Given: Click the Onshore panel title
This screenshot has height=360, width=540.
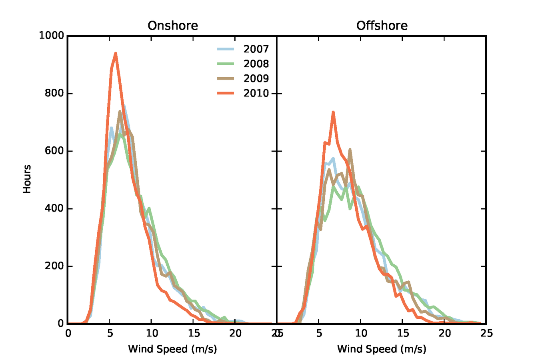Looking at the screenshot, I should click(x=172, y=26).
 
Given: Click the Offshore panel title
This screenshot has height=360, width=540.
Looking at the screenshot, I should click(x=382, y=26).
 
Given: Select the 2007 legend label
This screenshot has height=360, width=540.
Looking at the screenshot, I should click(x=256, y=49).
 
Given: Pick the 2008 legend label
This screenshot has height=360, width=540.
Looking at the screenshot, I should click(x=256, y=64).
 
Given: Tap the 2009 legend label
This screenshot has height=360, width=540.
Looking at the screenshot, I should click(x=256, y=78).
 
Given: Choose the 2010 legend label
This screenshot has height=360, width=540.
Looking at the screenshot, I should click(x=256, y=93).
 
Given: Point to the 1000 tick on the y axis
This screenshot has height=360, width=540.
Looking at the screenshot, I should click(x=52, y=36).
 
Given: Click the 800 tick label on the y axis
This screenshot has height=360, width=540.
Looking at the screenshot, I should click(x=54, y=93).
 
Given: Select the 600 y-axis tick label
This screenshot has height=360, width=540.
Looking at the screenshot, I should click(x=54, y=151).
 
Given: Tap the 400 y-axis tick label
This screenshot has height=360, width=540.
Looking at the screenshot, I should click(x=54, y=208).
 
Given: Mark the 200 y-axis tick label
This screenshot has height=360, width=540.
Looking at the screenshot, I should click(x=54, y=266).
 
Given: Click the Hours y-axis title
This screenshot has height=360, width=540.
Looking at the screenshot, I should click(x=27, y=179).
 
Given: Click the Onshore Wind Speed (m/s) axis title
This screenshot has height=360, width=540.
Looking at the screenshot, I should click(x=172, y=349).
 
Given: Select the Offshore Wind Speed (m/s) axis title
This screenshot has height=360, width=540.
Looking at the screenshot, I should click(x=382, y=349).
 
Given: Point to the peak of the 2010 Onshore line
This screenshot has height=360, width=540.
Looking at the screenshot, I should click(x=116, y=53).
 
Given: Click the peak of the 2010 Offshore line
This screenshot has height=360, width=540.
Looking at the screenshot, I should click(x=333, y=112).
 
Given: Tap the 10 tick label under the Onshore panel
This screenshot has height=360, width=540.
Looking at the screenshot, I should click(x=152, y=333).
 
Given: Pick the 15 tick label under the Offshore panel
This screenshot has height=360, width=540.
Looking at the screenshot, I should click(x=403, y=333).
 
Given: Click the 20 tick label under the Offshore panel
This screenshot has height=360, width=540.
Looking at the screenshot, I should click(x=444, y=333).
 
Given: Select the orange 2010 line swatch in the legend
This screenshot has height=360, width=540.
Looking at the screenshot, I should click(x=226, y=93).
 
